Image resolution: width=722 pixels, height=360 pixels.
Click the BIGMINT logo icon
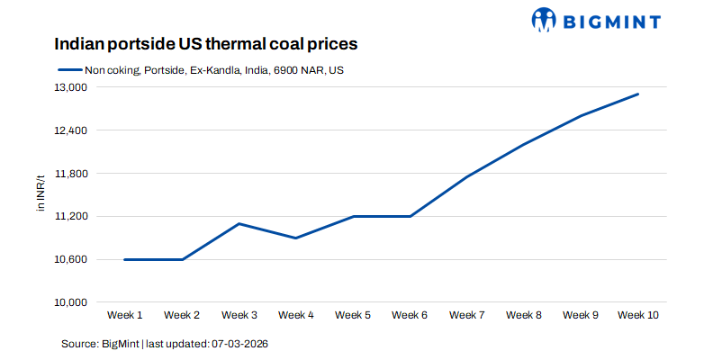click(545, 20)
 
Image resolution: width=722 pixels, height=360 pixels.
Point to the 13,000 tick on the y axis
click(71, 87)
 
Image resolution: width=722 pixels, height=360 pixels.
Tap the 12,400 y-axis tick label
click(71, 130)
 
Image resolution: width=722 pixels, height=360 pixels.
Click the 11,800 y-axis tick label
click(71, 174)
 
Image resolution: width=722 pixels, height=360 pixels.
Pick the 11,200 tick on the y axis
click(71, 217)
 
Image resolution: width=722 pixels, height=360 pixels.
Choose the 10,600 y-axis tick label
click(71, 259)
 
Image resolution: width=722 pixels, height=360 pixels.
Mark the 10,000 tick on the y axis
click(71, 302)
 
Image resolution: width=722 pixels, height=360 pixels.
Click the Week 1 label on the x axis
click(125, 315)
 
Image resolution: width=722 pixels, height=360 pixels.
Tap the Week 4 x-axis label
click(296, 315)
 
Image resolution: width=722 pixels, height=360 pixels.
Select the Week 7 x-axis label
click(467, 315)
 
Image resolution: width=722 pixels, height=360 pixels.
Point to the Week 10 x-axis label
click(638, 315)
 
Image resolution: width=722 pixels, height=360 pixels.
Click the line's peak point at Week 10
click(638, 94)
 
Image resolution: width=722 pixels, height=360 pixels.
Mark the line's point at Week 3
click(239, 223)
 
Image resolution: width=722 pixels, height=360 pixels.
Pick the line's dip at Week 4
click(296, 238)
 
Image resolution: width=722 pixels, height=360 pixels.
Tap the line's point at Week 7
click(467, 176)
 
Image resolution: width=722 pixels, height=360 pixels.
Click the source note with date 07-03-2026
click(165, 344)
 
